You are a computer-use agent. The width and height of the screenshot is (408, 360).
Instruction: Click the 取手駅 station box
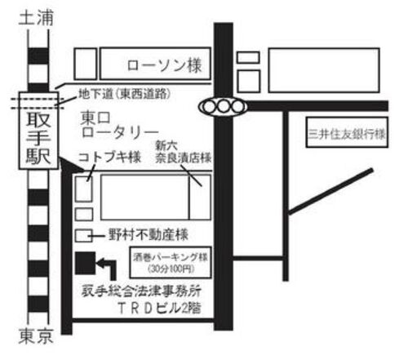tap(38, 131)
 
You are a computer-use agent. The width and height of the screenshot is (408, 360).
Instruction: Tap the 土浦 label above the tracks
tap(36, 18)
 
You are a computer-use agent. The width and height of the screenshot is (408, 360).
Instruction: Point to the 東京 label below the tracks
tap(36, 336)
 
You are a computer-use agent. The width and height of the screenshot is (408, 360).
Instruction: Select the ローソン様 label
tap(165, 65)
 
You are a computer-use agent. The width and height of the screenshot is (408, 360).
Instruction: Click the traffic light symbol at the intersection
tap(223, 106)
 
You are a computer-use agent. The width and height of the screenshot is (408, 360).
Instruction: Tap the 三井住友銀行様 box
tap(347, 132)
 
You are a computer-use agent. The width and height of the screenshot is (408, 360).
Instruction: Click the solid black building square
tap(86, 263)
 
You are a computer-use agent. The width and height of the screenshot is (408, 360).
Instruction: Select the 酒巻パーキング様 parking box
tap(171, 263)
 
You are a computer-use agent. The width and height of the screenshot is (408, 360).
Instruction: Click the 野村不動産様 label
tap(149, 235)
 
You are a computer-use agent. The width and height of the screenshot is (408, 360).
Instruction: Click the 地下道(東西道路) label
tap(125, 94)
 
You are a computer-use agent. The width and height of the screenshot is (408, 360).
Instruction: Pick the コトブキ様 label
tap(109, 158)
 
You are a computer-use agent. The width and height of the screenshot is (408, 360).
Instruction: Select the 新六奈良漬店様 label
tap(184, 153)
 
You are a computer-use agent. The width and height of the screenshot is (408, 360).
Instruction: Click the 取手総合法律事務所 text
tap(141, 291)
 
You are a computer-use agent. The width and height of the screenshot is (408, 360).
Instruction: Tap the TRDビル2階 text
tap(160, 309)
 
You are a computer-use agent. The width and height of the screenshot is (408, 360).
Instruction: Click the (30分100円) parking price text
tap(171, 269)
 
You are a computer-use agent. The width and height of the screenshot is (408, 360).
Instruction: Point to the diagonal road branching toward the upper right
tap(330, 192)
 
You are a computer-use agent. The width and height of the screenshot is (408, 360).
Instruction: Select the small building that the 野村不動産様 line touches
tap(84, 236)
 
